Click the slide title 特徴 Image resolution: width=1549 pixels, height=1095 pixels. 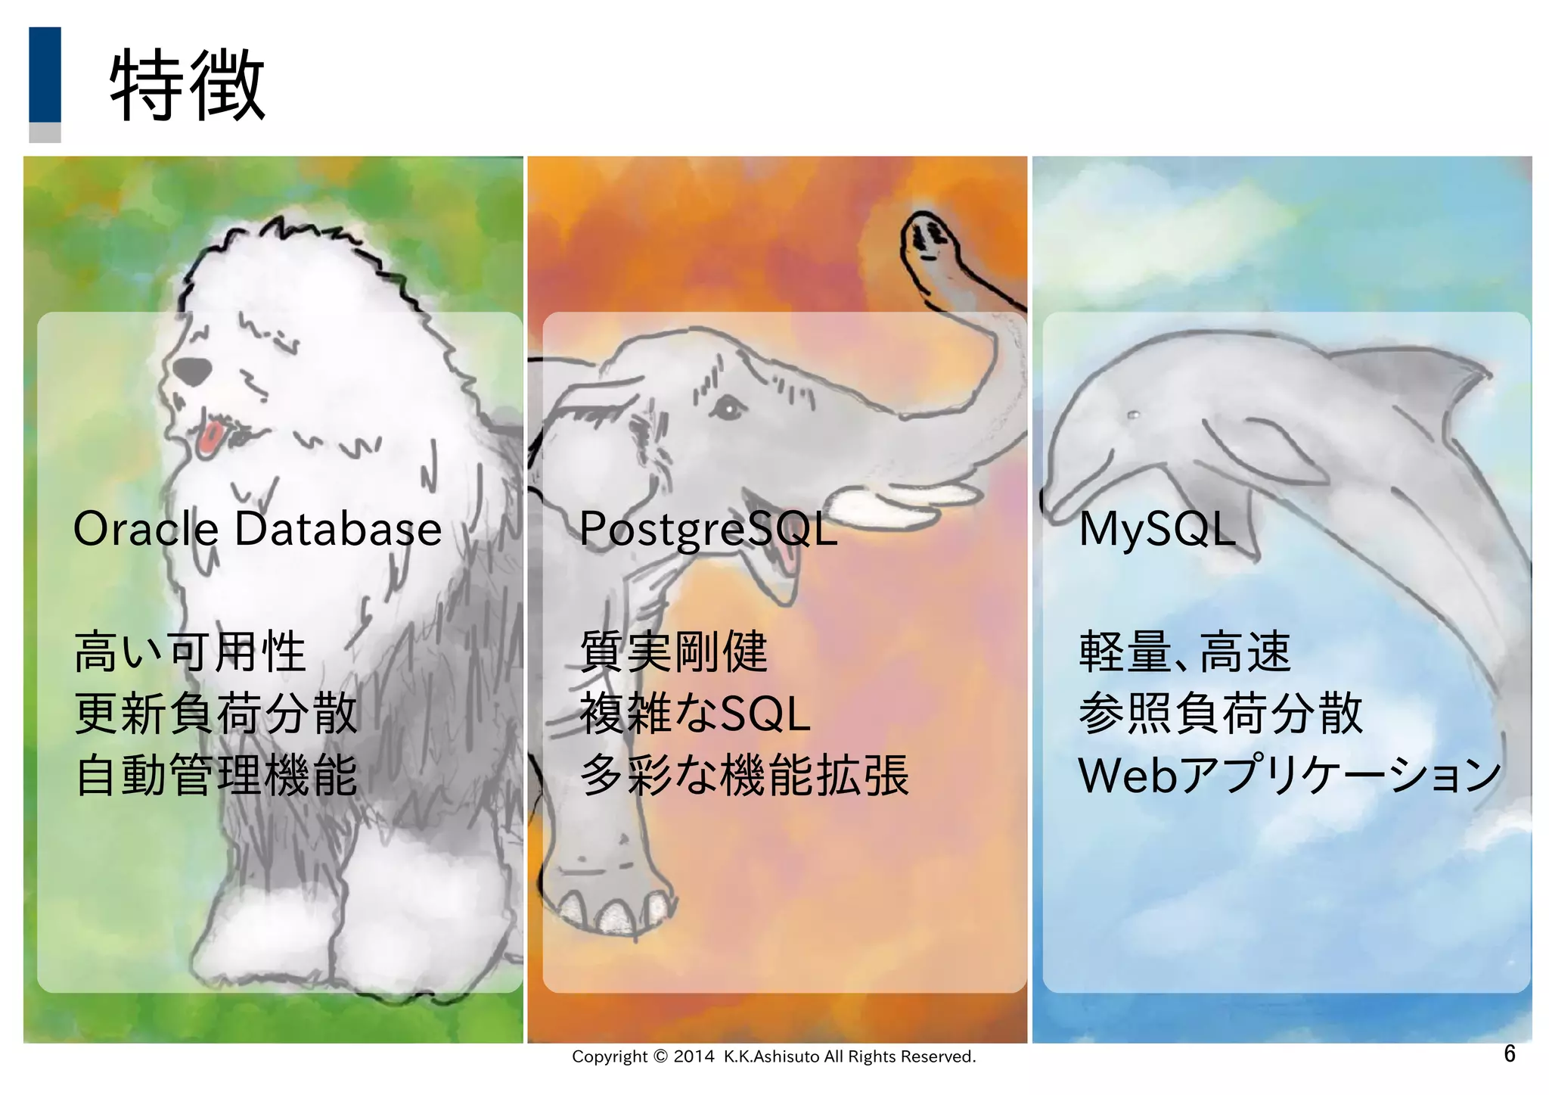click(188, 85)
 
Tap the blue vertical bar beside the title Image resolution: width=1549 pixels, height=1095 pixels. click(45, 74)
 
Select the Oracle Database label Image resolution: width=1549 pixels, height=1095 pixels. click(257, 529)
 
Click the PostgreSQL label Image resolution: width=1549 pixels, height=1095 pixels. click(708, 529)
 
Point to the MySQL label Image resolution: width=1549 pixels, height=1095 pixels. click(1156, 529)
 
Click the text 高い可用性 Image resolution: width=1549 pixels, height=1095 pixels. click(190, 652)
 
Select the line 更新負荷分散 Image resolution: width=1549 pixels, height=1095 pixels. click(216, 714)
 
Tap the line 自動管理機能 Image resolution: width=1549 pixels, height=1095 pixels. click(216, 776)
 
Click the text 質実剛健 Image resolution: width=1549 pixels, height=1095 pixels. click(673, 652)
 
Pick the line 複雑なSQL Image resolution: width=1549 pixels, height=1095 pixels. click(694, 714)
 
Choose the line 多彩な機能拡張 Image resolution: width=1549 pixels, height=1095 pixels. click(743, 776)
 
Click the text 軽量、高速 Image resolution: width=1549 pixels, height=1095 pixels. click(1184, 652)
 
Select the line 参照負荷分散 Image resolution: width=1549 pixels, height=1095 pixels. click(1220, 714)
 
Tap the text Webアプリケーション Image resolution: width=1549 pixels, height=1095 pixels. click(1289, 776)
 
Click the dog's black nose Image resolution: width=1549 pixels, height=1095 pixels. click(192, 371)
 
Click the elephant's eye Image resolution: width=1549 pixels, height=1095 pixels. click(728, 410)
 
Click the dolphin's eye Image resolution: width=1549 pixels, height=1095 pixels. click(1132, 415)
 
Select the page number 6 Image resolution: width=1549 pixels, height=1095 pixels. click(1509, 1053)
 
